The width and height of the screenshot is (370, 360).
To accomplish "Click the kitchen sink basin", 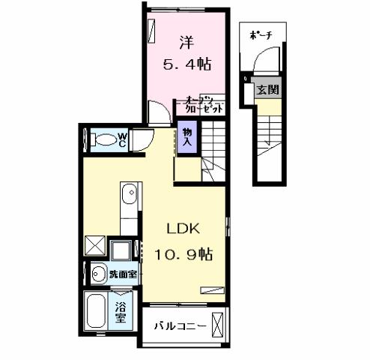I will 130,193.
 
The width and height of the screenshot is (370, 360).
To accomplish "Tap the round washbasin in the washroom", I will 97,274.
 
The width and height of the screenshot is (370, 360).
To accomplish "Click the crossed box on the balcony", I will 217,326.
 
